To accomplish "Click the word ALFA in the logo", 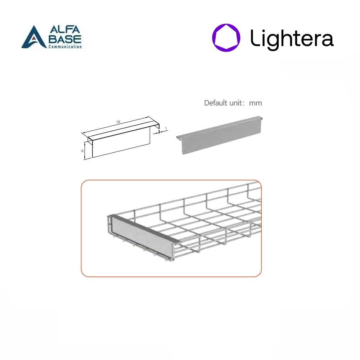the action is click(65, 30).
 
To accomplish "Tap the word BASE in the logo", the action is click(65, 39).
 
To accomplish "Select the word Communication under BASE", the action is click(65, 46).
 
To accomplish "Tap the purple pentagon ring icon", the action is click(226, 38).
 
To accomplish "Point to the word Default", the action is click(216, 103).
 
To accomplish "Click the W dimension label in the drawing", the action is click(118, 122).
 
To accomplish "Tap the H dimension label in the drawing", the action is click(82, 151).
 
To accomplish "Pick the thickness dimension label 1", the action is click(166, 129).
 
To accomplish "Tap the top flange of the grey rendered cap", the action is click(219, 127).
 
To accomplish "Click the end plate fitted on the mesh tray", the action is click(142, 239).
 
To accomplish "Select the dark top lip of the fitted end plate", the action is click(145, 229).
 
